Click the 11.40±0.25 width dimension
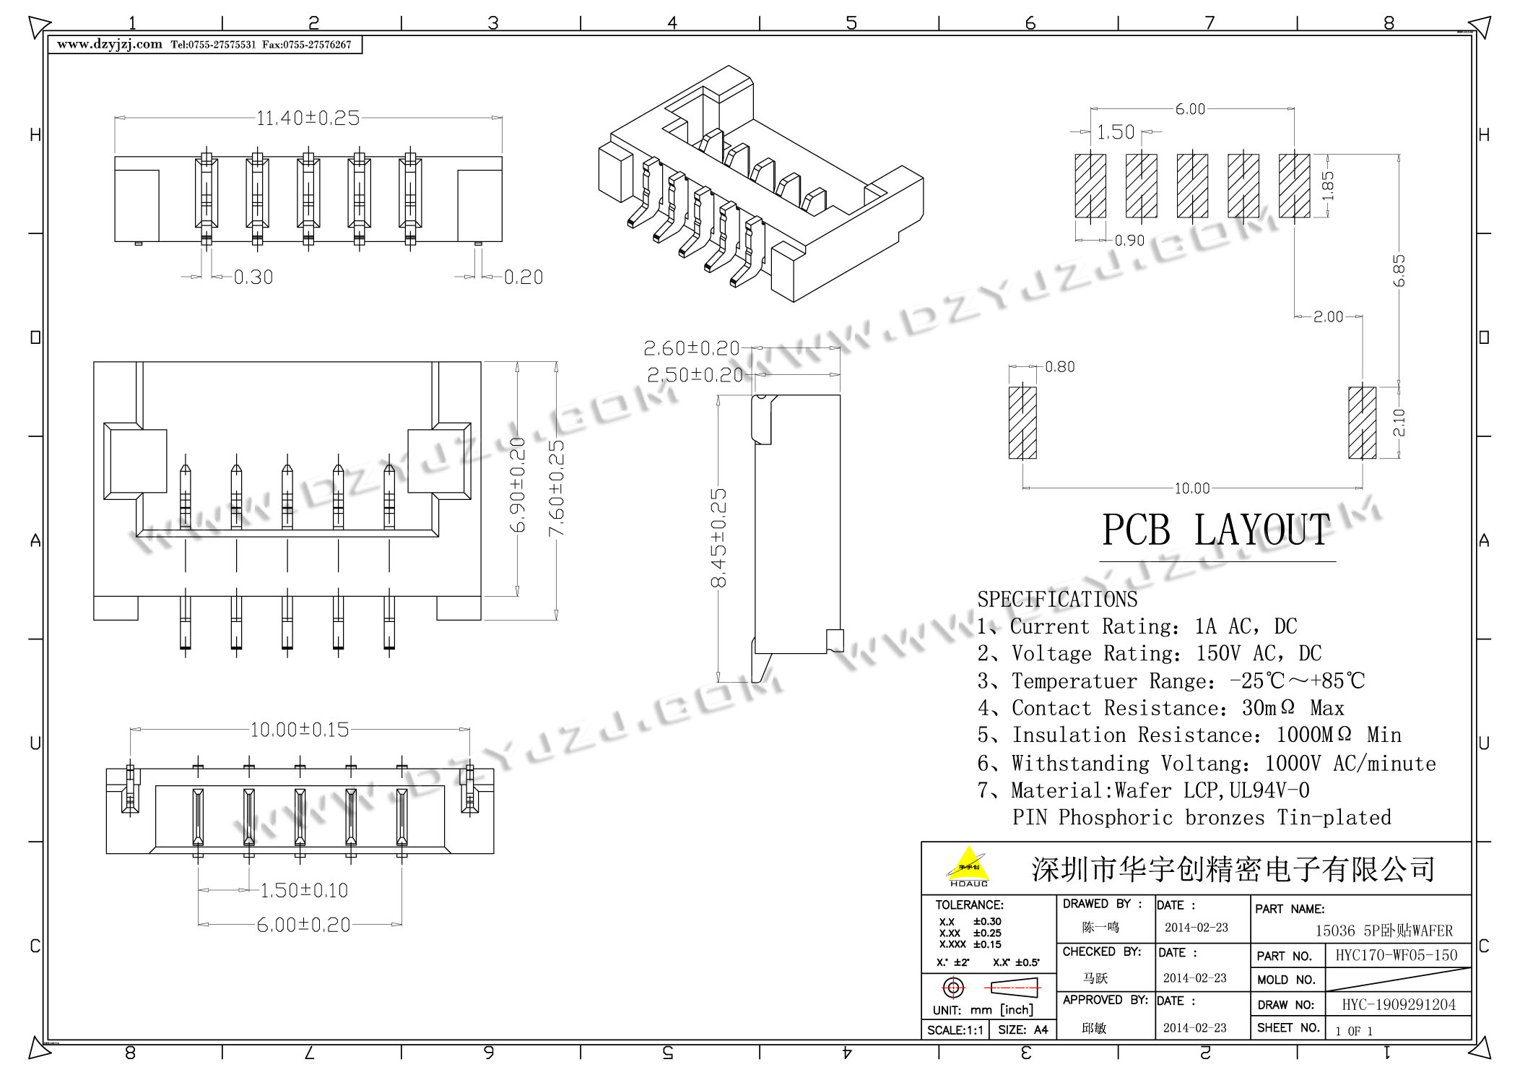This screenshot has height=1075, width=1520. (x=308, y=118)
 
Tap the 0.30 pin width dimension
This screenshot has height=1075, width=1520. (x=253, y=277)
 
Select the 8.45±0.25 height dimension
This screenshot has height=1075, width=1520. (x=719, y=537)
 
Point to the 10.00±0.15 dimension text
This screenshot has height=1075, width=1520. (x=299, y=730)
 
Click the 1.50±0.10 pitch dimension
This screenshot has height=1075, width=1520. (x=303, y=890)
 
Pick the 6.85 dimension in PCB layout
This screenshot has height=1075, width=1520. (x=1399, y=270)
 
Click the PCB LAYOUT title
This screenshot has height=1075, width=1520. (x=1216, y=530)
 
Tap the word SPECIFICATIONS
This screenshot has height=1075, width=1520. (x=1057, y=600)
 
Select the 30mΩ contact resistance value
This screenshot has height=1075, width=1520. (x=1268, y=708)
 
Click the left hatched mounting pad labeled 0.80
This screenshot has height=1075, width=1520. (x=1022, y=423)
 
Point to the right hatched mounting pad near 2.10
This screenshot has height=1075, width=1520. (x=1362, y=423)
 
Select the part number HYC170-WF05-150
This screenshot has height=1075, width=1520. (x=1397, y=955)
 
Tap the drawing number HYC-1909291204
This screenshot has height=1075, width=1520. (x=1399, y=1004)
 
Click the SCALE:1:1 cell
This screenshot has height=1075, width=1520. (x=955, y=1029)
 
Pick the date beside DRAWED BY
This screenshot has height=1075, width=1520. (x=1196, y=928)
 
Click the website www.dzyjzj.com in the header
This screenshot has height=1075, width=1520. (x=110, y=45)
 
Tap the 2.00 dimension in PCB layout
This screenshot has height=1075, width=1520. (x=1328, y=316)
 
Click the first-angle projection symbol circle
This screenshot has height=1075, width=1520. (x=953, y=988)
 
